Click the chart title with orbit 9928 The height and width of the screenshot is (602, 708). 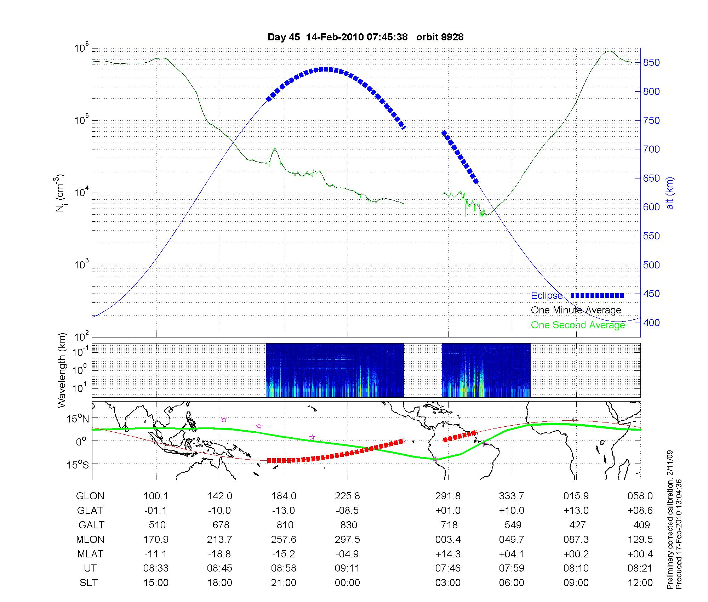tap(365, 37)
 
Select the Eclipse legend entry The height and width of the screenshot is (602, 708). tap(547, 296)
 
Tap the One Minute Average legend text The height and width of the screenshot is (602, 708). tap(576, 310)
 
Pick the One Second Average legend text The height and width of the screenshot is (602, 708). tap(578, 325)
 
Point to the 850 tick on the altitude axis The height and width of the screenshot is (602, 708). tap(651, 63)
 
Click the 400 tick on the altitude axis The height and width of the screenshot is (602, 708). tap(651, 323)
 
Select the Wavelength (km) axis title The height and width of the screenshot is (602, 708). tap(62, 370)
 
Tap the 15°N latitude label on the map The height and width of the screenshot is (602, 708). tap(78, 419)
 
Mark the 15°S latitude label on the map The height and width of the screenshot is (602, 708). tap(78, 464)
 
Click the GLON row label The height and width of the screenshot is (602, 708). tap(90, 496)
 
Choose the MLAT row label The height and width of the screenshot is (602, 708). tap(90, 554)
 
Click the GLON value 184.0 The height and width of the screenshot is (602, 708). tap(284, 496)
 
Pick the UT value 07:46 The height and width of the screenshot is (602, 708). tap(448, 568)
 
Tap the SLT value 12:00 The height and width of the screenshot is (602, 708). tap(640, 583)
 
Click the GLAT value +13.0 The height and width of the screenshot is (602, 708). tap(576, 511)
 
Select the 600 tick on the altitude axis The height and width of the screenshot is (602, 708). tap(651, 207)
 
